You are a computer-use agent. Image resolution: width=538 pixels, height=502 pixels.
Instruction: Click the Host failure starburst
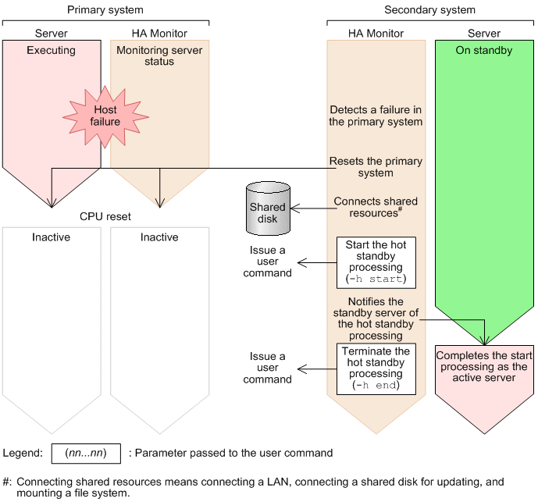pos(105,116)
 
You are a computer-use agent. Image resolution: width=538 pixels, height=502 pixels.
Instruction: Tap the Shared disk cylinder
pos(268,208)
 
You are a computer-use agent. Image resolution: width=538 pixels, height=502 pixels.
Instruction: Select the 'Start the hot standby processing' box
pos(376,262)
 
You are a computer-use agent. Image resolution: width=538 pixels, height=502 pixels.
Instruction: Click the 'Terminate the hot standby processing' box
pos(376,368)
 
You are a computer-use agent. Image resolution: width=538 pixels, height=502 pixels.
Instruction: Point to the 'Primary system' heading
pos(105,9)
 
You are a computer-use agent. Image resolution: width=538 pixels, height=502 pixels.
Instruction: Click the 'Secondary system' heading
pos(430,9)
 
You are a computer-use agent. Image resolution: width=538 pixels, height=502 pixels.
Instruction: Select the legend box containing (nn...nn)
pos(86,454)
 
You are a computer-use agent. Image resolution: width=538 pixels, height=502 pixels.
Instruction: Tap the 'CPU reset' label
pos(105,216)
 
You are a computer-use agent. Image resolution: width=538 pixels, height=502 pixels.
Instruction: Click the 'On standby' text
pos(484,50)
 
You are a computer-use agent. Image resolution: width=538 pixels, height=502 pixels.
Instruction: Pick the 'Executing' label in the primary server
pos(51,50)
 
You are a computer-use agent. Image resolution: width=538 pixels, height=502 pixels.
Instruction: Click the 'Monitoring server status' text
pos(159,55)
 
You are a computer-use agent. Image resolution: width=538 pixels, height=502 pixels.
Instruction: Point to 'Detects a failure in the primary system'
pos(376,116)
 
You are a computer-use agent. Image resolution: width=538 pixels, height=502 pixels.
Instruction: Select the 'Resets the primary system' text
pos(376,167)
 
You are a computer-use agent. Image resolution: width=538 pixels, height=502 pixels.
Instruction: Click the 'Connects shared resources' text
pos(376,207)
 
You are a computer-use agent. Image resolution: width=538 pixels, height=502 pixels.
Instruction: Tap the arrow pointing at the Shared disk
pos(314,208)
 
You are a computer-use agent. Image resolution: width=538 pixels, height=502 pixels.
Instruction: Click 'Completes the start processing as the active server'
pos(484,366)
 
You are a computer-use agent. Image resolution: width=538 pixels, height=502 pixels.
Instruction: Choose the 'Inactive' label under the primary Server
pos(51,237)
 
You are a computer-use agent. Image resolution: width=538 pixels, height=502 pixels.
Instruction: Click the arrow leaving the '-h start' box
pos(317,263)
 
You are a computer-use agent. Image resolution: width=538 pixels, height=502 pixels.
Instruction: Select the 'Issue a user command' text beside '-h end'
pos(268,368)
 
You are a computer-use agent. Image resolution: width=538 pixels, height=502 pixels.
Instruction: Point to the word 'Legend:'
pos(23,454)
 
